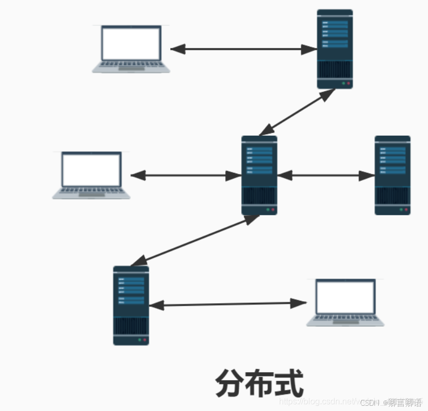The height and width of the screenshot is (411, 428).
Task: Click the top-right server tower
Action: pyautogui.click(x=335, y=49)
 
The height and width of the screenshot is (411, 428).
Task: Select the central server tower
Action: pyautogui.click(x=259, y=175)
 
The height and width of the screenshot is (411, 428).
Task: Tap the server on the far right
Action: pyautogui.click(x=392, y=175)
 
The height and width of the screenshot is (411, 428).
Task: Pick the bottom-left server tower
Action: pyautogui.click(x=130, y=305)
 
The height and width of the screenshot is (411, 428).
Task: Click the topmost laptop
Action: pyautogui.click(x=131, y=49)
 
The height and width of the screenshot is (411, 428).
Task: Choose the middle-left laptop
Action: pyautogui.click(x=91, y=175)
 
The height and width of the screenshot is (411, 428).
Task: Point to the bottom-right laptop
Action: pyautogui.click(x=345, y=302)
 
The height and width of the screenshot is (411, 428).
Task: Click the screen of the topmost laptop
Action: pyautogui.click(x=131, y=43)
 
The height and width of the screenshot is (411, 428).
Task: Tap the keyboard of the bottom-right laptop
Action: pyautogui.click(x=345, y=319)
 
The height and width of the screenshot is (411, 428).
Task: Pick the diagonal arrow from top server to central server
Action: pyautogui.click(x=297, y=112)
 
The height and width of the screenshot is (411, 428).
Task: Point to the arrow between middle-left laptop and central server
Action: pyautogui.click(x=186, y=176)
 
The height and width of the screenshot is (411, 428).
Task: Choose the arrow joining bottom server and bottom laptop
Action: pyautogui.click(x=228, y=304)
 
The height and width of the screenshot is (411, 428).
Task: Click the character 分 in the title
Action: pyautogui.click(x=230, y=383)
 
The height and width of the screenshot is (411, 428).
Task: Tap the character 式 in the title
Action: pyautogui.click(x=289, y=383)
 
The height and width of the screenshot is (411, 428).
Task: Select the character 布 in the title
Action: pyautogui.click(x=259, y=383)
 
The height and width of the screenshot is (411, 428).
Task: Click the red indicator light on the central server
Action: pyautogui.click(x=273, y=209)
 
